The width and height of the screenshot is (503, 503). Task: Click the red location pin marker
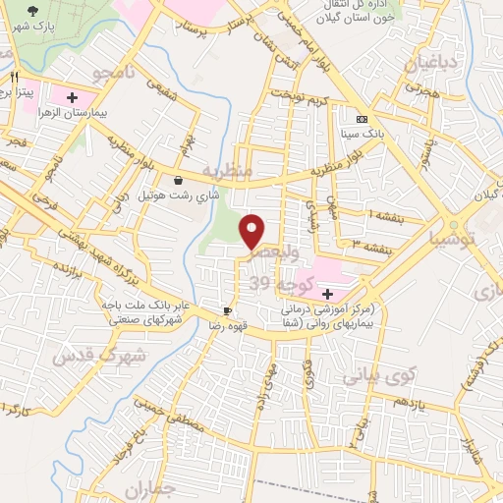point(253,231)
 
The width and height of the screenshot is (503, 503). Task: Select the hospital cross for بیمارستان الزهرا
point(72,97)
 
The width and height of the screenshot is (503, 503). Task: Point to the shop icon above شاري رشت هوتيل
point(177,180)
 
